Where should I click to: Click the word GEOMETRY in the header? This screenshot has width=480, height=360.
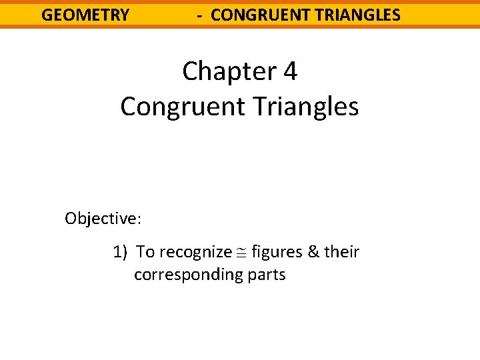(x=85, y=15)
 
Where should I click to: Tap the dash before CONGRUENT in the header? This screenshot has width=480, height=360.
(x=200, y=15)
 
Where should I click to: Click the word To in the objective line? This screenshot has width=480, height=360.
(x=145, y=252)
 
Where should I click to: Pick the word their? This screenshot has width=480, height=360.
(x=343, y=252)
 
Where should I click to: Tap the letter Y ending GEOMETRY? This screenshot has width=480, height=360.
(x=124, y=15)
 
